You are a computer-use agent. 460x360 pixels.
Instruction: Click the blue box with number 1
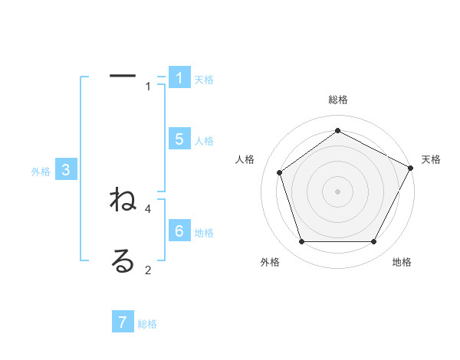coord(179,77)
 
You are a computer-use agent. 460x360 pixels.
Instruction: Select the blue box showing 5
coord(179,139)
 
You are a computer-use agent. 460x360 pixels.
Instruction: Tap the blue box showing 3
coord(66,170)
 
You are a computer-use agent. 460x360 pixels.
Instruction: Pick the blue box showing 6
coord(179,231)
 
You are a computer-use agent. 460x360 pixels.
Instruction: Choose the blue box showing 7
coord(123,322)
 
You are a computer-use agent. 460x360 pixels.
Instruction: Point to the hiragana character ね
coord(123,201)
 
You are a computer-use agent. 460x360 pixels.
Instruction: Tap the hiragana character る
coord(123,261)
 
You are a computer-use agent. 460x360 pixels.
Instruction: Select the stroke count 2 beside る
coord(148,270)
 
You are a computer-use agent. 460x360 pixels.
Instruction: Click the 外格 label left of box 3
coord(41,172)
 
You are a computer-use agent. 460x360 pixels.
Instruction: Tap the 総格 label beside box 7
coord(147,324)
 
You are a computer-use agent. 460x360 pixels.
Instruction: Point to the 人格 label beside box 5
coord(204,141)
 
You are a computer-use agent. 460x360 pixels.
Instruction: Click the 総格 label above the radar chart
coord(337,100)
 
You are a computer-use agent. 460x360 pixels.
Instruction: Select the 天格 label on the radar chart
coord(431,159)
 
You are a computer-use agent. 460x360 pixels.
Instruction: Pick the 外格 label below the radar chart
coord(270,262)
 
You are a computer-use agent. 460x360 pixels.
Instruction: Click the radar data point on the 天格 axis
coord(411,167)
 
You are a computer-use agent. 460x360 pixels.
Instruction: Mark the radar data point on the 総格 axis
coord(337,130)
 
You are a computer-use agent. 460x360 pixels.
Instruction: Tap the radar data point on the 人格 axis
coord(280,172)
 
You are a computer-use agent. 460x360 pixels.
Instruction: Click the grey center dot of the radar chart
coord(337,191)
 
